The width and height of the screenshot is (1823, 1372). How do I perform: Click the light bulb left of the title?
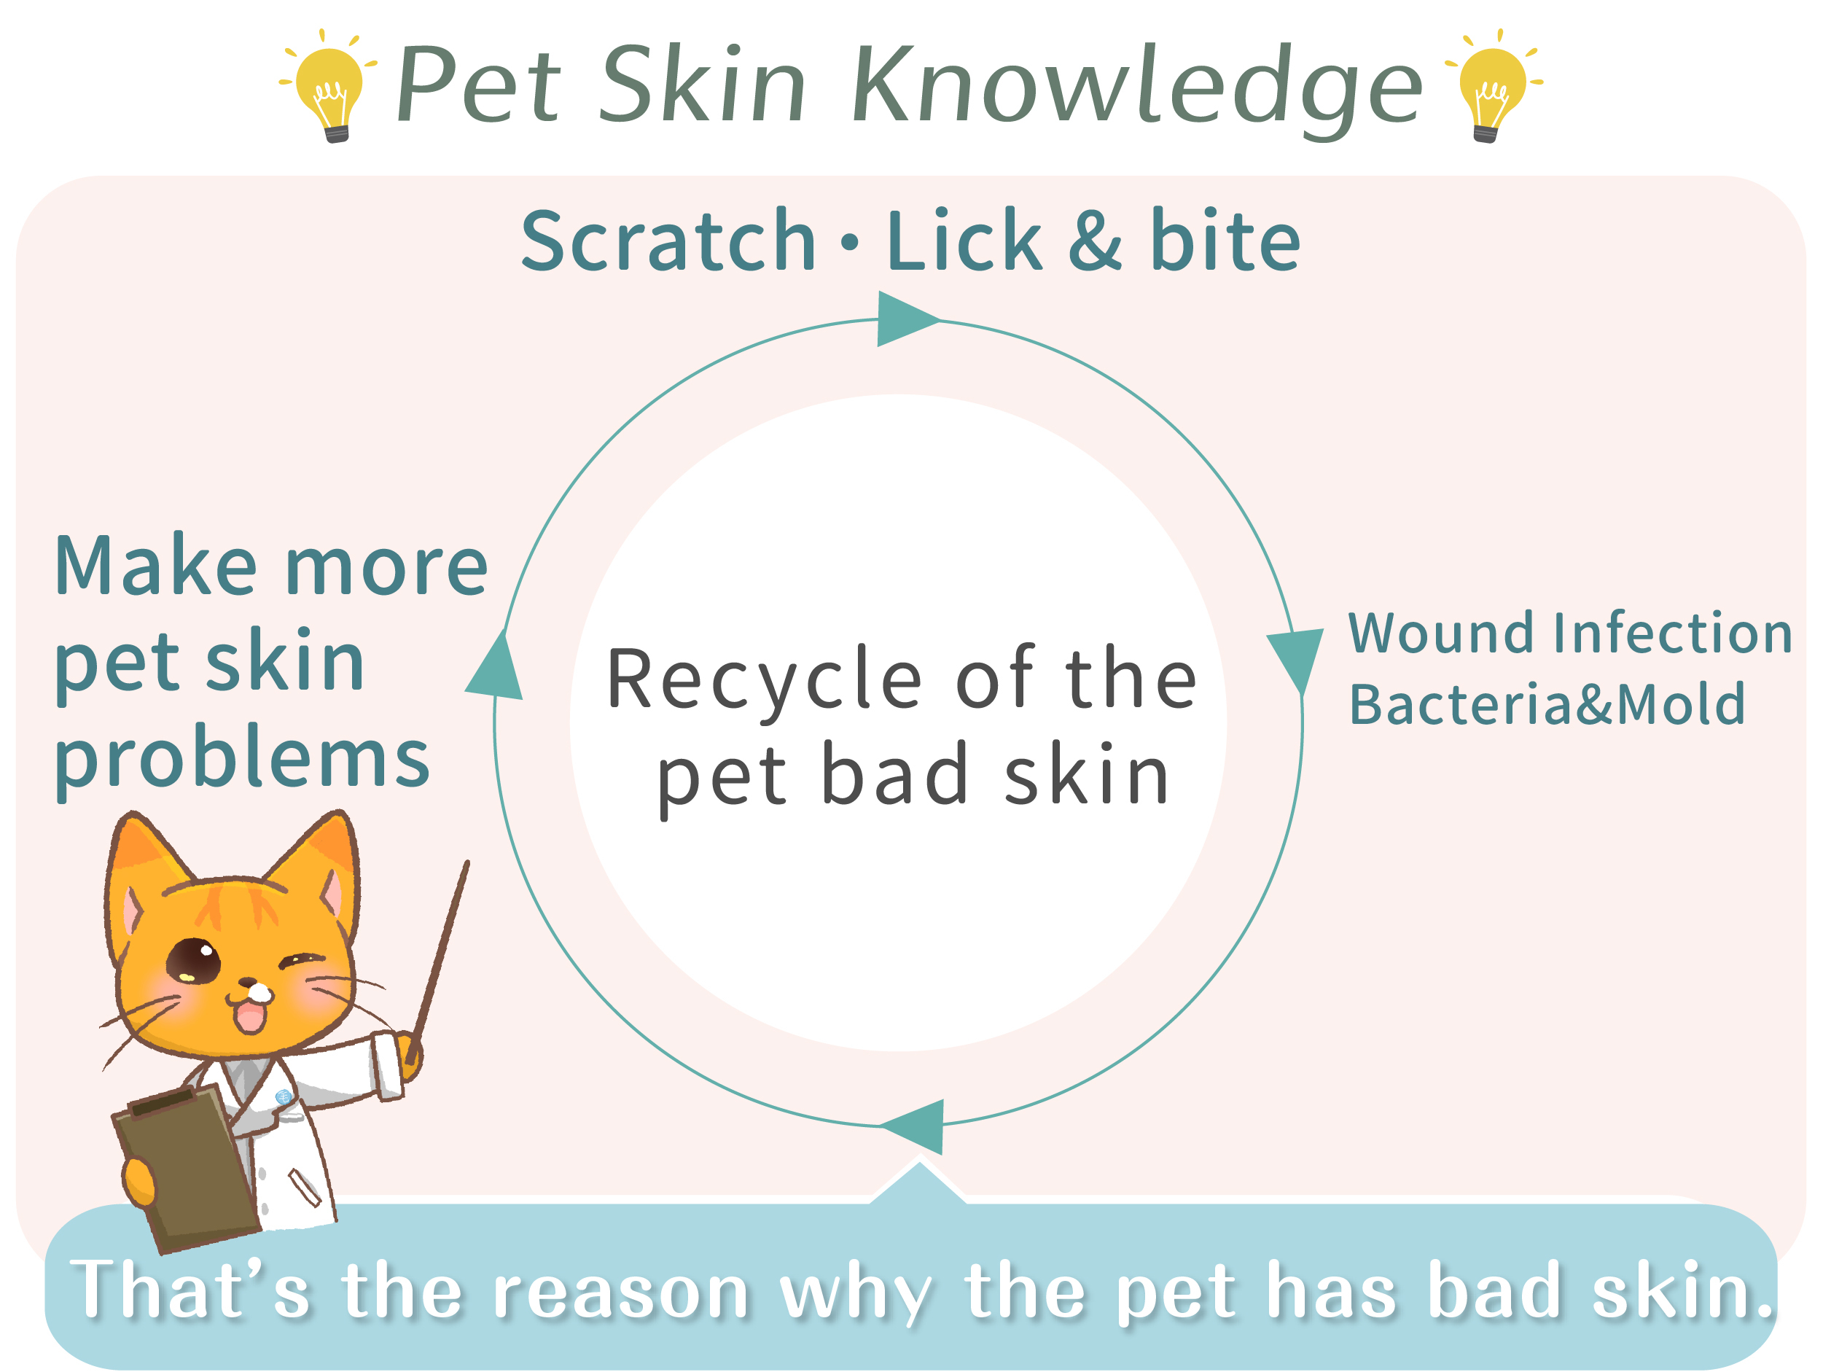329,87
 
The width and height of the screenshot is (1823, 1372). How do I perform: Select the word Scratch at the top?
668,241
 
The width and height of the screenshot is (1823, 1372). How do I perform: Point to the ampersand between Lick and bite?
1096,241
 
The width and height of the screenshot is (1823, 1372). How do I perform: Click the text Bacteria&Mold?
1547,704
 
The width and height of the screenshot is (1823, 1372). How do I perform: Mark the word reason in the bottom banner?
620,1292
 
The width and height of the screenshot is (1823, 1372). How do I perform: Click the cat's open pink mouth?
251,1017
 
